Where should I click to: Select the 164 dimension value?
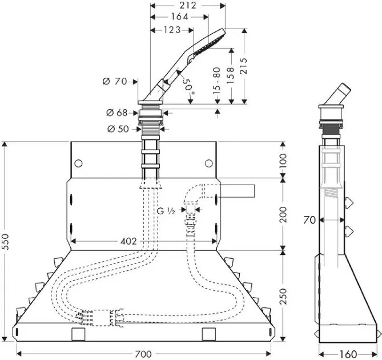click(x=179, y=17)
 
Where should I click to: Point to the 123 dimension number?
click(x=170, y=30)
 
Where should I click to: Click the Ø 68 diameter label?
click(x=116, y=113)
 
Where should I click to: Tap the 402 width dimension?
click(x=129, y=242)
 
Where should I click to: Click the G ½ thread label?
click(x=166, y=211)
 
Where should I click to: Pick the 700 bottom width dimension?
click(x=144, y=354)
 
